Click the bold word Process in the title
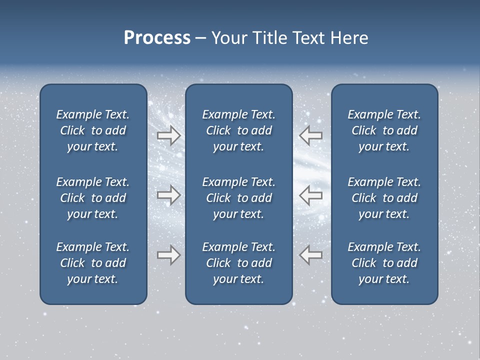157,38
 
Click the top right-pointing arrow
168,135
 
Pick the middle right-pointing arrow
168,195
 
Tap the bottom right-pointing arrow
168,255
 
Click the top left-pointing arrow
310,135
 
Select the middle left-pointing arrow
310,195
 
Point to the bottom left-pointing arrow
310,255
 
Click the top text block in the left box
93,130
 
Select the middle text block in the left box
93,198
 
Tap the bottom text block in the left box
93,263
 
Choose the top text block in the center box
238,130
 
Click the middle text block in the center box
238,198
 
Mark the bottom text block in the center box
238,263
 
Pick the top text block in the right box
384,130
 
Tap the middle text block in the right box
384,198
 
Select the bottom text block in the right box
384,263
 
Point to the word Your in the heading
228,38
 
